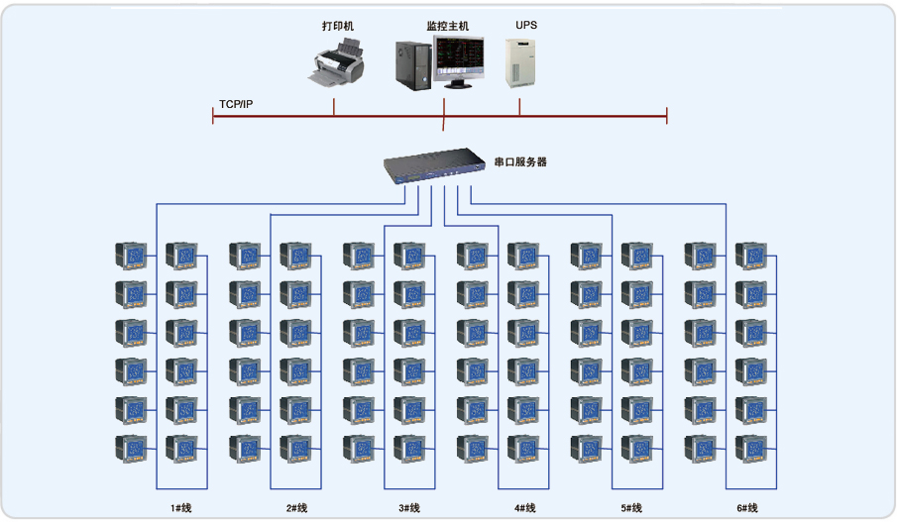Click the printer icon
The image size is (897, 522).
(x=335, y=64)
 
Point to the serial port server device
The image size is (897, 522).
(x=435, y=165)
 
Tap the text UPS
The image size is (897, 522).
(x=526, y=24)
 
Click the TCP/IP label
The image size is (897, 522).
(x=236, y=104)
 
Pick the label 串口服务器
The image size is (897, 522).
(x=520, y=160)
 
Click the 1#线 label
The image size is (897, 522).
(x=180, y=508)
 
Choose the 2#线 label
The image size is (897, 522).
(x=297, y=508)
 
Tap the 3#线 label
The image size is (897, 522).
(x=409, y=508)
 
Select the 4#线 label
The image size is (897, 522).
(x=525, y=508)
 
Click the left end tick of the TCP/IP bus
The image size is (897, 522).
(x=213, y=117)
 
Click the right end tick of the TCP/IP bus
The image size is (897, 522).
(x=667, y=117)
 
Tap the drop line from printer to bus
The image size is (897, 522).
(x=334, y=106)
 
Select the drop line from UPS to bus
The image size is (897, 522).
(x=519, y=106)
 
